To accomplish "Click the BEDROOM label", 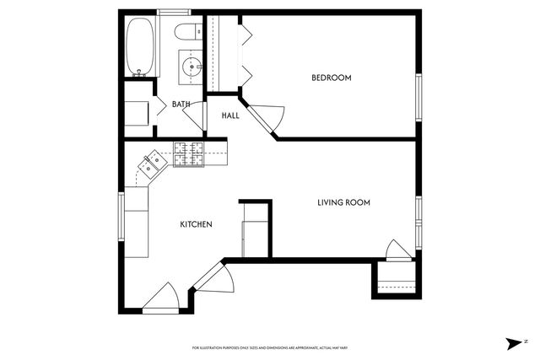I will (332, 78).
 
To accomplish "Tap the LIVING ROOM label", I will (343, 202).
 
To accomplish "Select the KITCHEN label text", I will (196, 224).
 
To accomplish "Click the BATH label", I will (181, 105).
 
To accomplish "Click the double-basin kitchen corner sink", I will (153, 163).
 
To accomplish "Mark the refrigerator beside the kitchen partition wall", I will (254, 239).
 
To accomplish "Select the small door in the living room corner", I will (397, 251).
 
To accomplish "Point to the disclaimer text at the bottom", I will (269, 347).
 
